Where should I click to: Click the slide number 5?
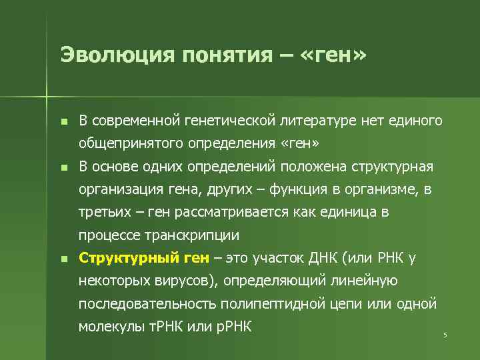445,334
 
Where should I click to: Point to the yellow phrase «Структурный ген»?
143,258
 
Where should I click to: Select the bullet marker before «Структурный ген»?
63,259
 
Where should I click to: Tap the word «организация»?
119,189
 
